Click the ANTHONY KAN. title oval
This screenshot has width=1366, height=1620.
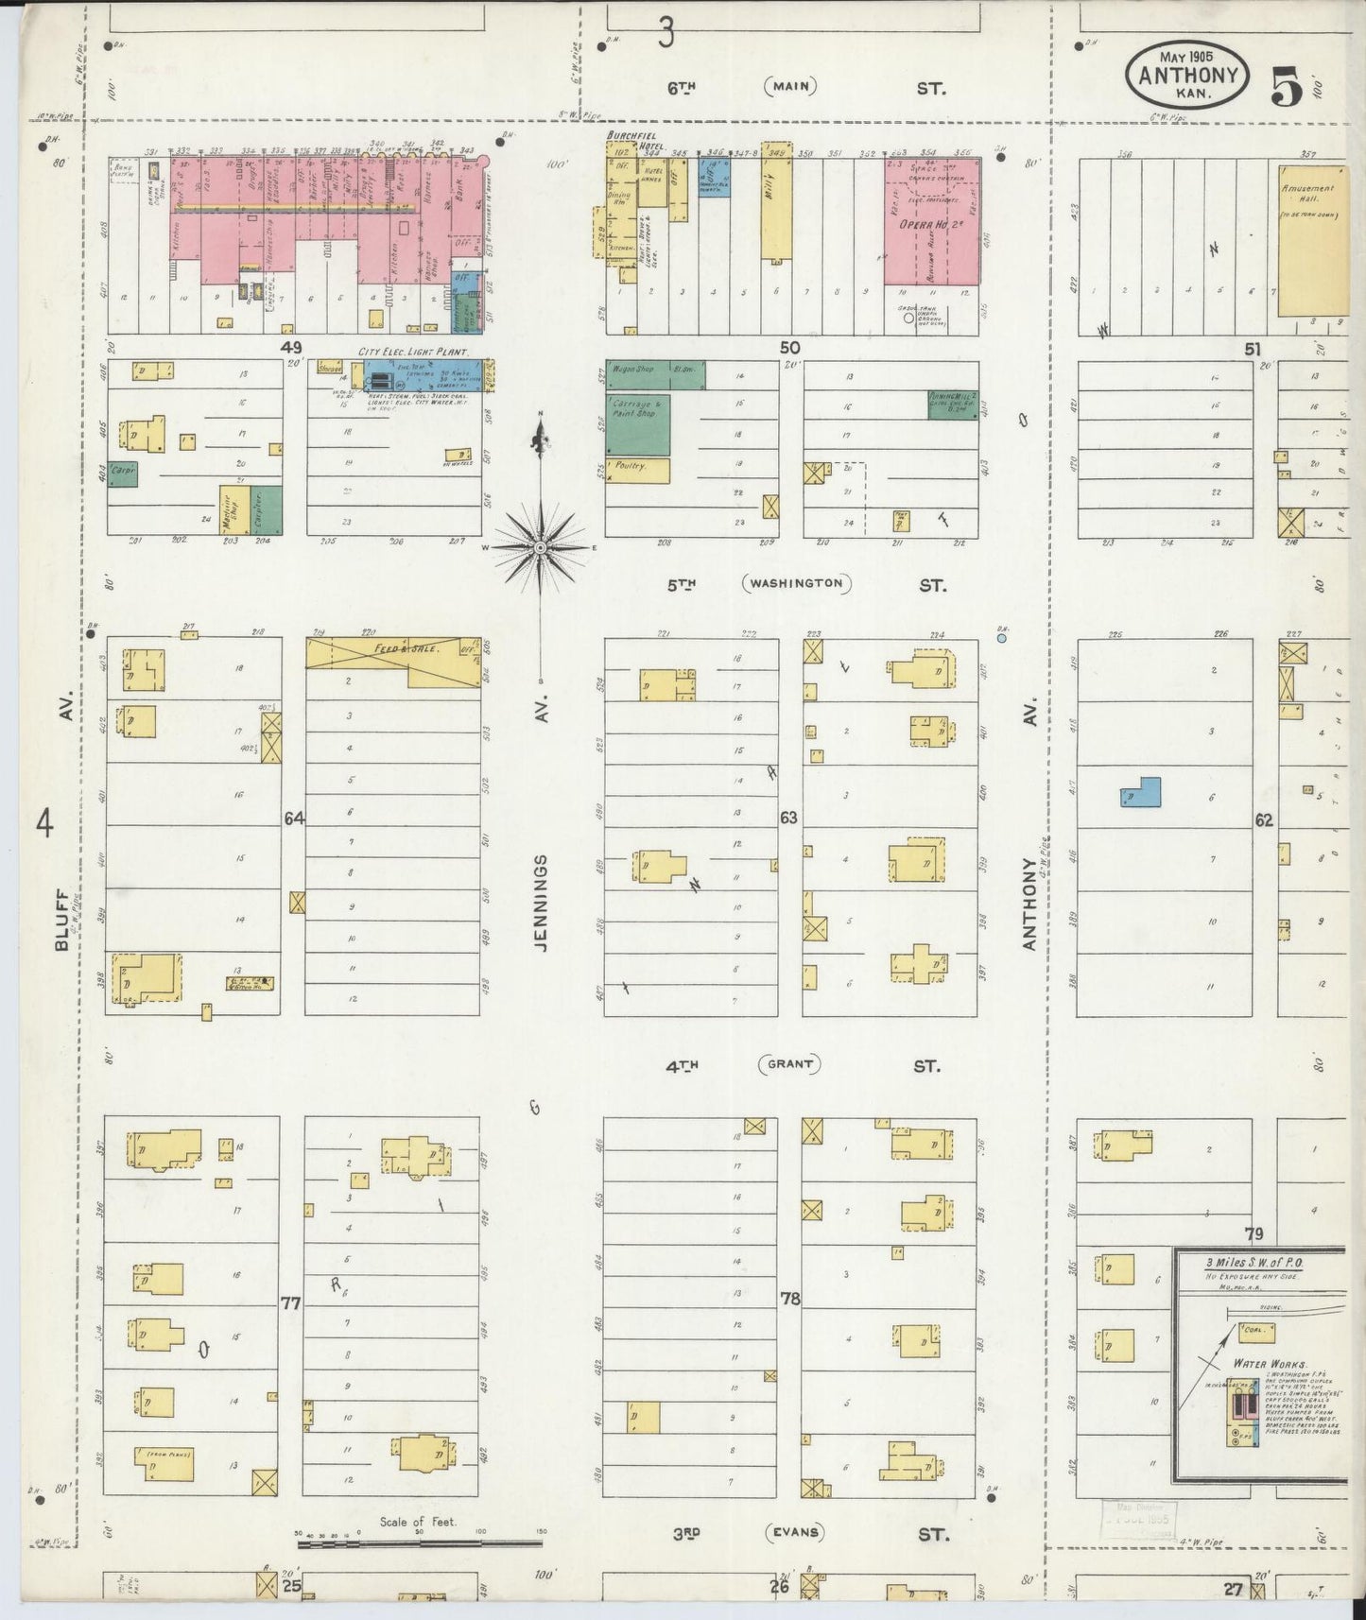click(x=1186, y=75)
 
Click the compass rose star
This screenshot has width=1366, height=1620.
click(x=540, y=547)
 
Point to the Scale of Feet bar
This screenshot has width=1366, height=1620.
click(x=419, y=1543)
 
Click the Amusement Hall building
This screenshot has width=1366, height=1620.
click(x=1313, y=241)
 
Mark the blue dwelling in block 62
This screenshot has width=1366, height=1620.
click(x=1142, y=792)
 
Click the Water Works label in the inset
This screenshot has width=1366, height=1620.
click(x=1270, y=1365)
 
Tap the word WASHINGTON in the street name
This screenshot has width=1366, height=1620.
click(x=796, y=583)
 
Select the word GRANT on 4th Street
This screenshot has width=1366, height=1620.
click(x=789, y=1064)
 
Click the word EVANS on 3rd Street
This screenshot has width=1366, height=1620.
click(x=795, y=1533)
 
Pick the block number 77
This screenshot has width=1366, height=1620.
click(x=290, y=1303)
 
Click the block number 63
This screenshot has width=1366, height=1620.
click(x=788, y=818)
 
